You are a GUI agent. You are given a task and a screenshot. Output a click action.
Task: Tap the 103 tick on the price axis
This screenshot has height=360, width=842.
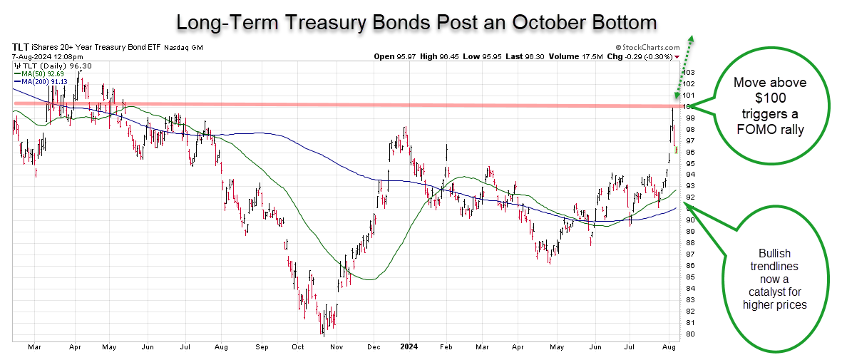[689, 73]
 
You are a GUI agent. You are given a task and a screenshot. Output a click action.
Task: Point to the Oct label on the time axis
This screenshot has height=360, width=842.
[298, 348]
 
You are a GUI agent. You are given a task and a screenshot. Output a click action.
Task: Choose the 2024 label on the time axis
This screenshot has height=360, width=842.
[409, 348]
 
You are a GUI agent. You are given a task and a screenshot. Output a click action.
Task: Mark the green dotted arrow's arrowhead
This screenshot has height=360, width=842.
[692, 39]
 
